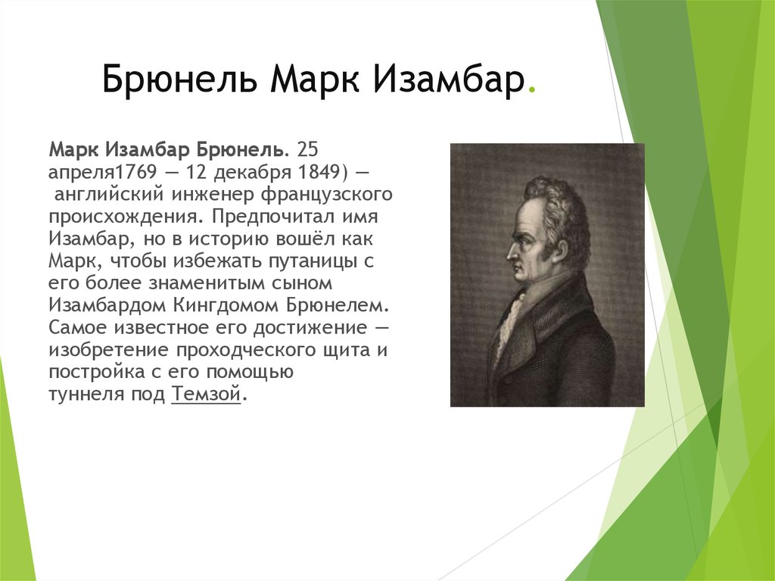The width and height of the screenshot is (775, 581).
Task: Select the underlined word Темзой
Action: (206, 395)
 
